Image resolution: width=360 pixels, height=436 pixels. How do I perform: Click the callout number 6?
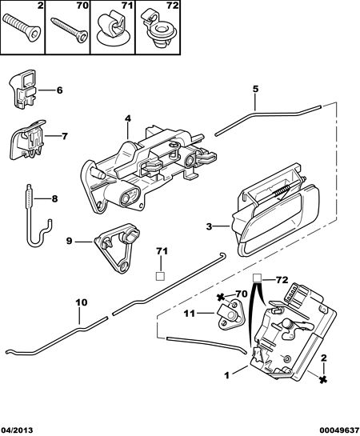59,90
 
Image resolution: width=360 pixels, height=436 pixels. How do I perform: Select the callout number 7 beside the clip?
65,136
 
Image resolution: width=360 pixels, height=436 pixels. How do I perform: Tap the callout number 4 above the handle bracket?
127,118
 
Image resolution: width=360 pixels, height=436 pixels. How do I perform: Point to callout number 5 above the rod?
255,89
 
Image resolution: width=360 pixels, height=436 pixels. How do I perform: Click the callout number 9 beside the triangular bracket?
70,241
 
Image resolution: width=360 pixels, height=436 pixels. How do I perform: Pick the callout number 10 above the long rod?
81,302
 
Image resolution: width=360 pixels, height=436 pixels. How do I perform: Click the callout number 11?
190,314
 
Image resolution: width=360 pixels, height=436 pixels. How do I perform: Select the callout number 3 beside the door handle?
209,226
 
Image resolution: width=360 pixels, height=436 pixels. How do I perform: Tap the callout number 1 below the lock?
227,375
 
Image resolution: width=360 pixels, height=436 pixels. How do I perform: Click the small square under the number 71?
160,276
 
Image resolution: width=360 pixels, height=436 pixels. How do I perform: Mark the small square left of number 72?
257,278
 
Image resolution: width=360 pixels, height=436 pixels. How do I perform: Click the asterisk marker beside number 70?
221,298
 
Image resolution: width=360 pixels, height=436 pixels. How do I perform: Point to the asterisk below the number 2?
322,380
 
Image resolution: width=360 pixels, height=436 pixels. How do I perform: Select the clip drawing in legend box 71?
113,29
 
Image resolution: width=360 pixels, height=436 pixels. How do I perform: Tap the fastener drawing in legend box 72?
158,28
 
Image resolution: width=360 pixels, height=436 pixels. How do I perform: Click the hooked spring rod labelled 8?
39,216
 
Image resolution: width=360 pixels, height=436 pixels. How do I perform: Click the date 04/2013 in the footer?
17,430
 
